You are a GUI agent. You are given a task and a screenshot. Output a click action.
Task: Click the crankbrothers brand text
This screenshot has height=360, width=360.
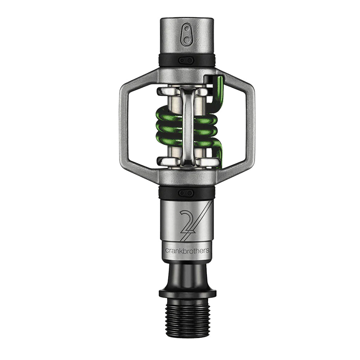pyautogui.click(x=187, y=251)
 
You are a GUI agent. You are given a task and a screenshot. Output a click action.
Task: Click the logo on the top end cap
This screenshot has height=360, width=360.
pyautogui.click(x=187, y=37)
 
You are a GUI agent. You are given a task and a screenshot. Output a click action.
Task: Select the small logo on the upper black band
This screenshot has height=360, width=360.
pyautogui.click(x=186, y=60)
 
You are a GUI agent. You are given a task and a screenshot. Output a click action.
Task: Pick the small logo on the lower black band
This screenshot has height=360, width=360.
pyautogui.click(x=186, y=192)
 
